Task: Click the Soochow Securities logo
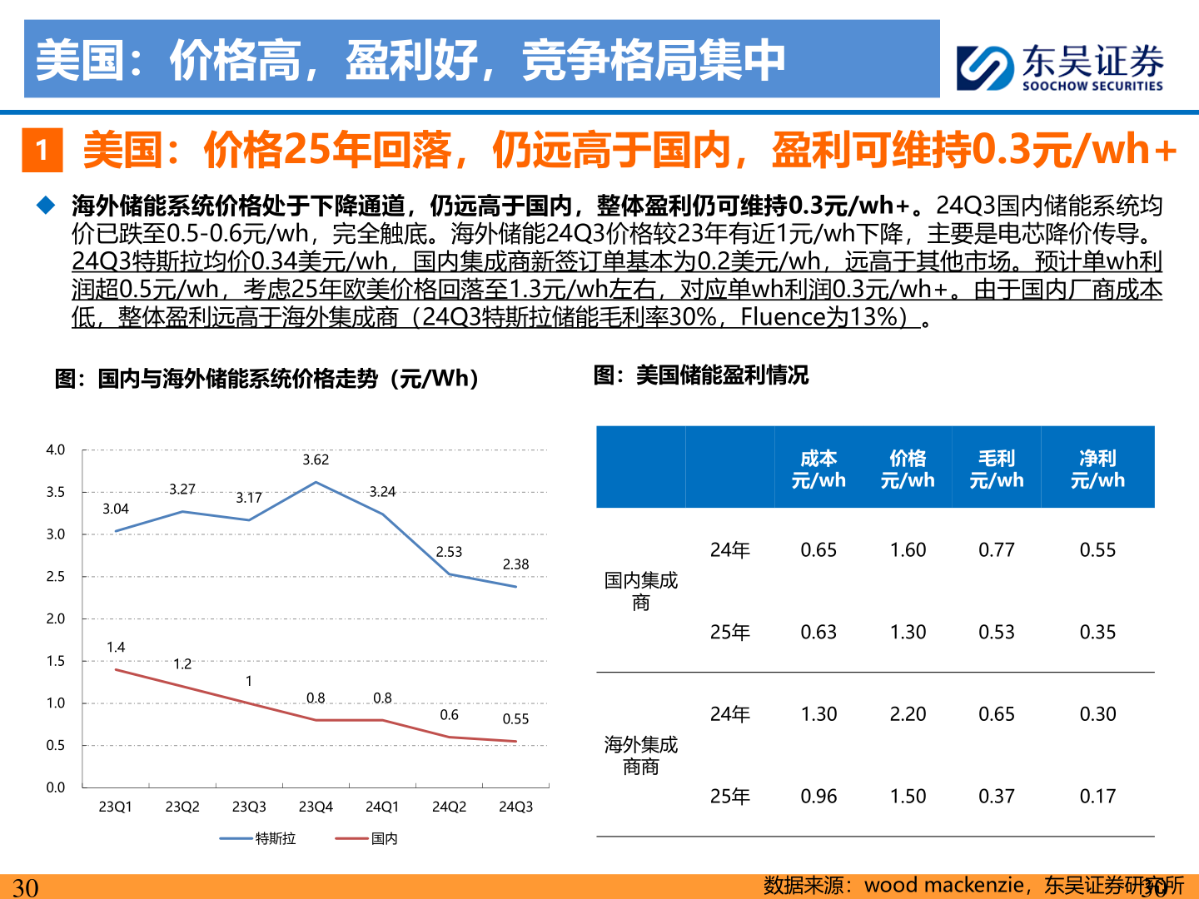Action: click(1059, 67)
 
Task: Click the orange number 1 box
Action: click(42, 150)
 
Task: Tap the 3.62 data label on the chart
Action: click(316, 459)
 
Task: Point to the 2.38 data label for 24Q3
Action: click(515, 564)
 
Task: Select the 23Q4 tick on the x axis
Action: click(316, 807)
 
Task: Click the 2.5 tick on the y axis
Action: click(56, 576)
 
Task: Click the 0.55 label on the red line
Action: click(515, 719)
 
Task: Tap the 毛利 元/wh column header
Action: click(996, 469)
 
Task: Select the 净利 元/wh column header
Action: click(1097, 469)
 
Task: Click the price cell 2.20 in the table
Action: click(908, 714)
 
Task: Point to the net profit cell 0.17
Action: click(1097, 797)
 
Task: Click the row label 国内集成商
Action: click(640, 591)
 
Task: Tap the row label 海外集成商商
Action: click(640, 755)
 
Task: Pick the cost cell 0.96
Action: click(818, 797)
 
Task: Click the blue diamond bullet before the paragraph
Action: click(46, 205)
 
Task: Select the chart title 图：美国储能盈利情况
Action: click(700, 375)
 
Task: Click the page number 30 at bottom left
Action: click(25, 887)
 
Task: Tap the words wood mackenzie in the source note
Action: click(943, 885)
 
